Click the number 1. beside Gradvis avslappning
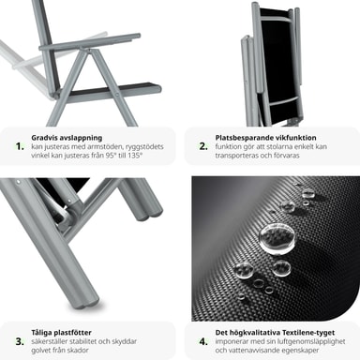coord(20,146)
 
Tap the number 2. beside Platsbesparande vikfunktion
coord(203,146)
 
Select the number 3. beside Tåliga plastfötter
coord(20,341)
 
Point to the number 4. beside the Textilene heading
coord(203,341)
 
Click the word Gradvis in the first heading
coord(43,138)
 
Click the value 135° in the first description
coord(135,156)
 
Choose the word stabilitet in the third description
coord(86,341)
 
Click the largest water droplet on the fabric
coord(277,238)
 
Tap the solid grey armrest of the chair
coord(90,42)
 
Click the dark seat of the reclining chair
coord(112,89)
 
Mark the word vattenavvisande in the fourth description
coord(255,350)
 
